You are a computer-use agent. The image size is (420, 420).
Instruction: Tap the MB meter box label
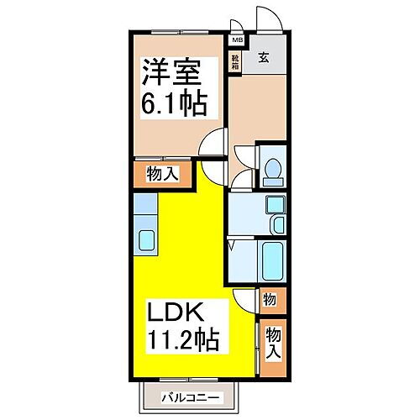click(x=237, y=39)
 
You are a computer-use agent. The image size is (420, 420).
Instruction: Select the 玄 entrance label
click(x=263, y=58)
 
